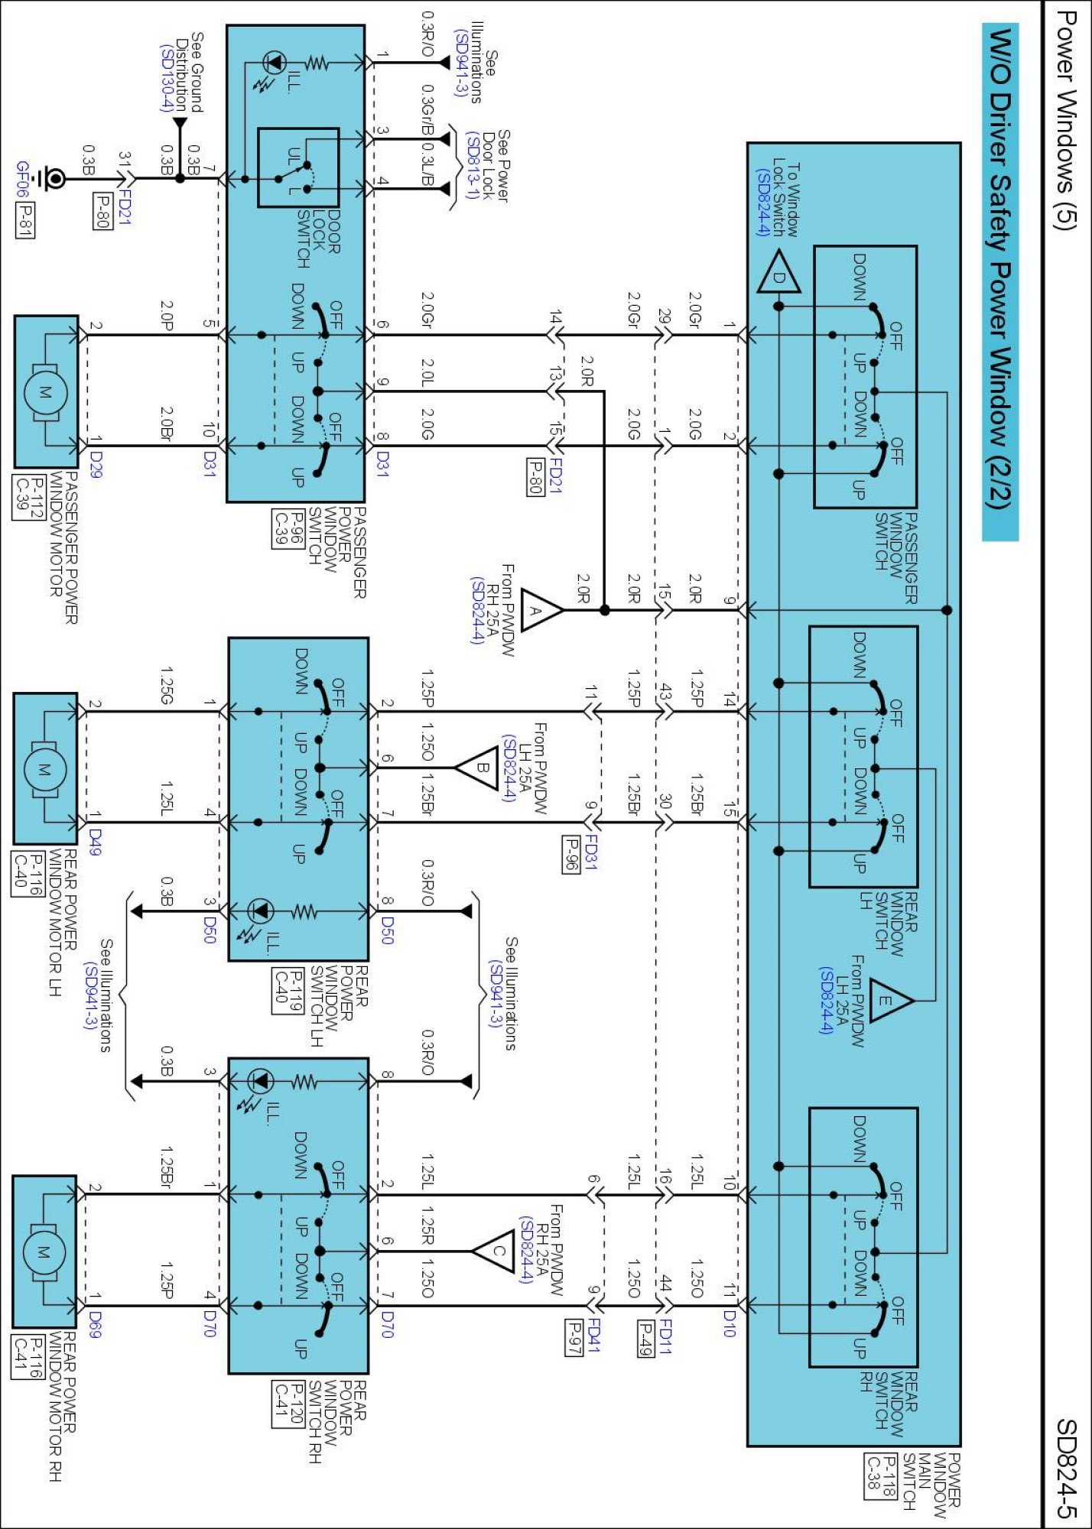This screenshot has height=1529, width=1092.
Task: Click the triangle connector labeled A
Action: click(x=540, y=610)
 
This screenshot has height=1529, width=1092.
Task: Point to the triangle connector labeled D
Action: click(x=778, y=278)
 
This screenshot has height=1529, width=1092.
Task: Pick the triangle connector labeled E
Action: click(x=889, y=1000)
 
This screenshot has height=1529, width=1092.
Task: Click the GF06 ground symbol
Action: click(x=54, y=179)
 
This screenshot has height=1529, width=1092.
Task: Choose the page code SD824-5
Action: click(x=1066, y=1468)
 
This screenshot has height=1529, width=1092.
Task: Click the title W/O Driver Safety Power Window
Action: click(x=1000, y=268)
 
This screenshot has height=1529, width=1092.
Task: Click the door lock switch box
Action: click(x=298, y=167)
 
